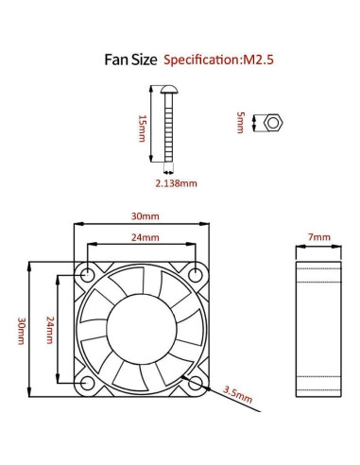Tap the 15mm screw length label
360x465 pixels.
click(142, 127)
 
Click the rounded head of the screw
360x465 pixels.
click(171, 89)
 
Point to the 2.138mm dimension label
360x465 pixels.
click(176, 182)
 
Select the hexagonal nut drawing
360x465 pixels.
click(273, 123)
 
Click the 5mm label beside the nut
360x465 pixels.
click(241, 123)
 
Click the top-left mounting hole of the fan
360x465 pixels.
click(88, 275)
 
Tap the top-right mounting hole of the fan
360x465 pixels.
click(197, 275)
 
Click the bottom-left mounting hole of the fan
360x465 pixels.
click(88, 383)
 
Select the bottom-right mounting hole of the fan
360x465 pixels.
click(197, 383)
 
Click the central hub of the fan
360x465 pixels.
click(142, 329)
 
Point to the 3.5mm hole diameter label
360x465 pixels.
click(237, 392)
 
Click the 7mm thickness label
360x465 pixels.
click(319, 237)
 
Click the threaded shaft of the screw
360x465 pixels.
click(171, 132)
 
